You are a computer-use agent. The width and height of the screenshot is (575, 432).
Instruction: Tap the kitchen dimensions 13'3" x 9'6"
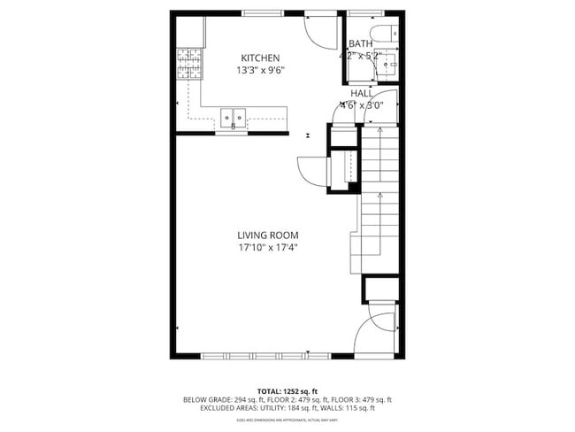pos(258,70)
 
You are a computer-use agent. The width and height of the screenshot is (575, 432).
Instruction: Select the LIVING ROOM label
pos(267,235)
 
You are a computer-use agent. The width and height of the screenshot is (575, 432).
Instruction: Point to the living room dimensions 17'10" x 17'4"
pos(267,248)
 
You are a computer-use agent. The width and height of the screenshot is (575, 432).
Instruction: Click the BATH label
pos(360,43)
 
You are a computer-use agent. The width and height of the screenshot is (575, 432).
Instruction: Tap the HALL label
pos(361,92)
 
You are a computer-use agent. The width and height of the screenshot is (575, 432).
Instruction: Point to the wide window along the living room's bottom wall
pos(266,357)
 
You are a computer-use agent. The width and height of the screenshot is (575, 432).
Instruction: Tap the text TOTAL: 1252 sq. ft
pos(287,390)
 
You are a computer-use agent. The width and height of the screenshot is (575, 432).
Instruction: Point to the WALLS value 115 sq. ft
pos(358,408)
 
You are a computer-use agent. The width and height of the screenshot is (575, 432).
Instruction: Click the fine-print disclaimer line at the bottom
pos(287,420)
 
